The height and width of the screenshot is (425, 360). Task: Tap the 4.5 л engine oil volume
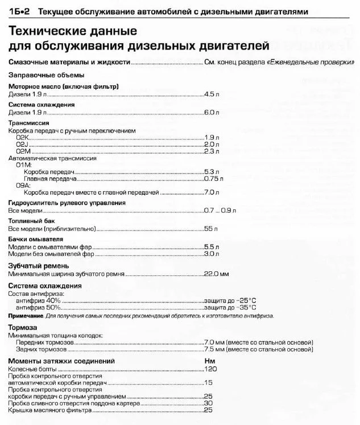pos(212,94)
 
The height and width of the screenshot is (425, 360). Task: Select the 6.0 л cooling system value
pos(212,113)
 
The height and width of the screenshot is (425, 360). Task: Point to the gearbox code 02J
pos(23,144)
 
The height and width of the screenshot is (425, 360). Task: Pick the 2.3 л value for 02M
pos(212,151)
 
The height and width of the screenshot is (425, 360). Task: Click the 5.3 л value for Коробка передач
pos(212,171)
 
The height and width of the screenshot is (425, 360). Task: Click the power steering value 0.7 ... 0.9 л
pos(220,211)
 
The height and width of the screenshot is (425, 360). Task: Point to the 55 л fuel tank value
pos(210,229)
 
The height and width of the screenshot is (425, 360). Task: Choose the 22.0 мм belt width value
pos(216,274)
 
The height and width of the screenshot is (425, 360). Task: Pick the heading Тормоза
pos(23,328)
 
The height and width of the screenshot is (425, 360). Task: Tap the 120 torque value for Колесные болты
pos(210,369)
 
